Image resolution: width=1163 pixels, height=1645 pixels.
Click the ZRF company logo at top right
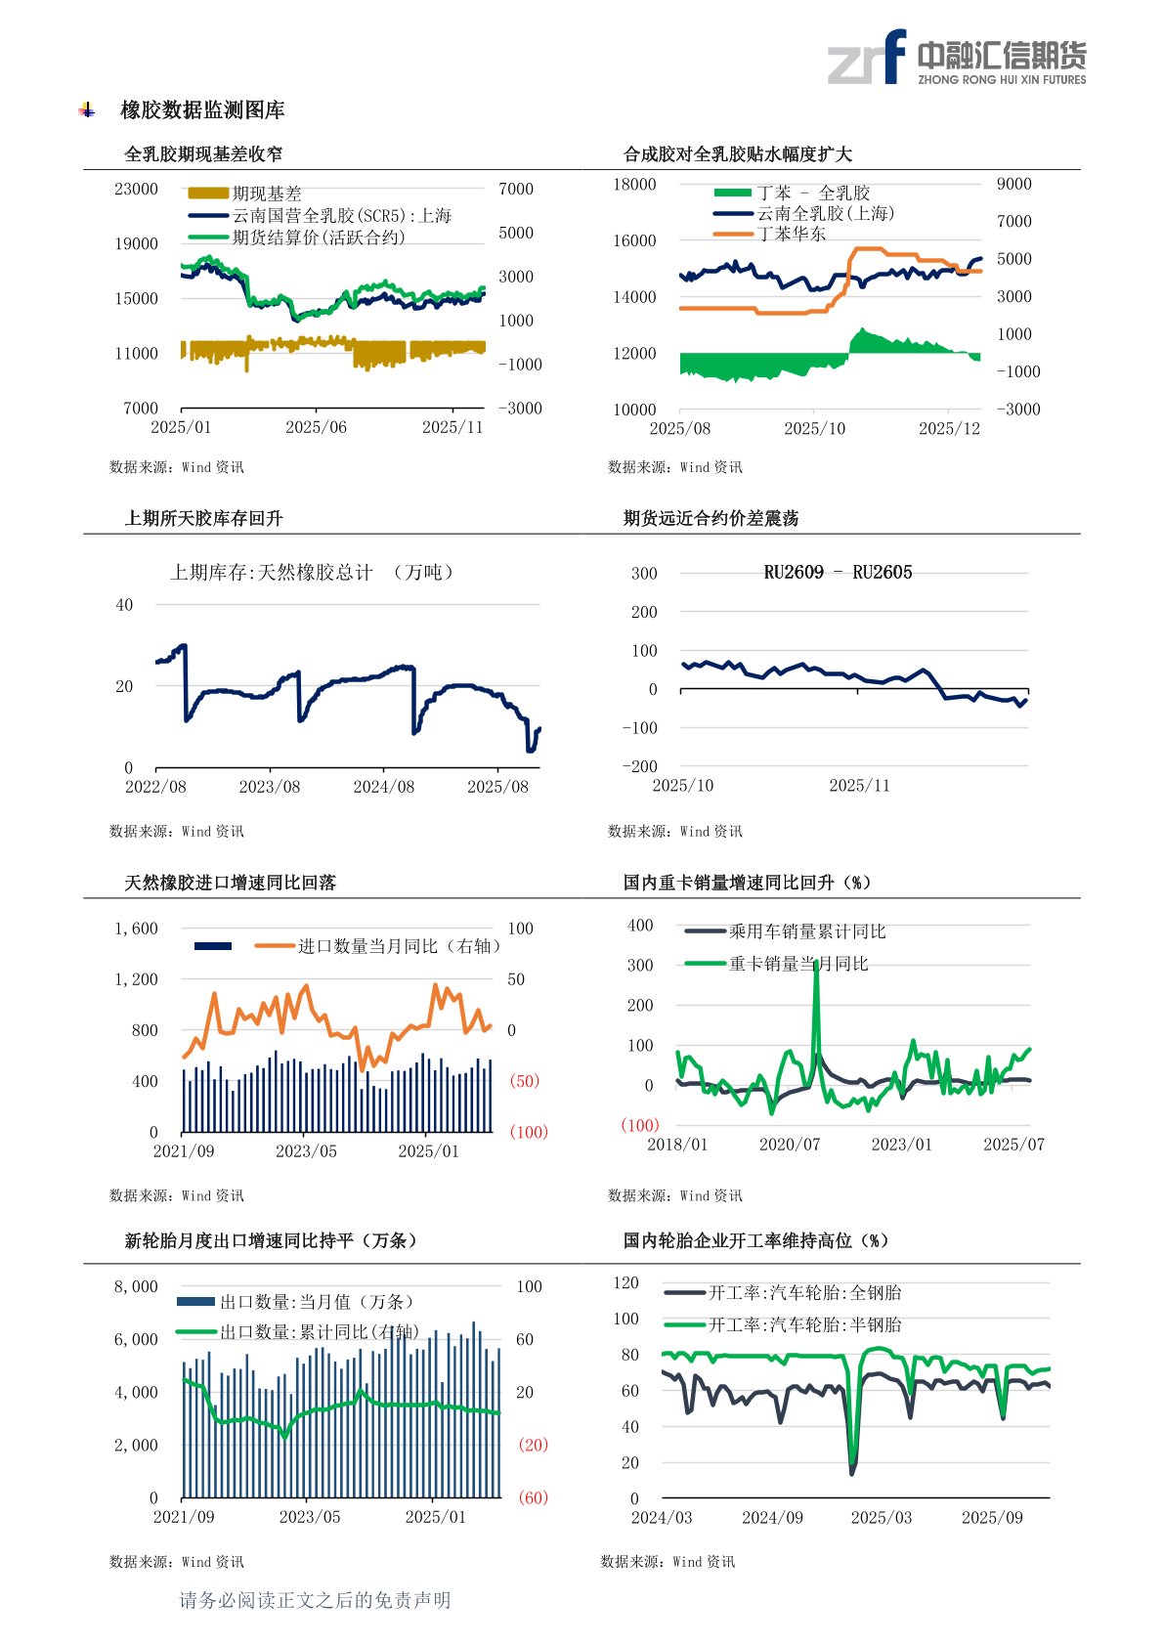(x=956, y=58)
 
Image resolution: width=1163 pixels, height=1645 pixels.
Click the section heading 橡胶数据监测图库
(x=202, y=110)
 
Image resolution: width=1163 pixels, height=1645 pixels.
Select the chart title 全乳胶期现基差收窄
(x=203, y=154)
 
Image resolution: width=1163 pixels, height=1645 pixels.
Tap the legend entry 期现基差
(x=266, y=194)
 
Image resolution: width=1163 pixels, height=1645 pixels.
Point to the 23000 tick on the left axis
(x=136, y=189)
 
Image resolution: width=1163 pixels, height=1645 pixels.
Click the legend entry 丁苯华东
(x=791, y=234)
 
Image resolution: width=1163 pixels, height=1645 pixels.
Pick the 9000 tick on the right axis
(x=1013, y=184)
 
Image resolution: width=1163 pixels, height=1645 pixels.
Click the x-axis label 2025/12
(x=949, y=428)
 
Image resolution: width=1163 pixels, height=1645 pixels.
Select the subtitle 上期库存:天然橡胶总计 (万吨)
(x=313, y=573)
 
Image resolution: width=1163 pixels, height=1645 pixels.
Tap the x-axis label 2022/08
(x=155, y=787)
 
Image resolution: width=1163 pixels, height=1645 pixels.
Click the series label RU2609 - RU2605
(x=838, y=573)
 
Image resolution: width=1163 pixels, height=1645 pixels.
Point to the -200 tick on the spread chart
(x=640, y=766)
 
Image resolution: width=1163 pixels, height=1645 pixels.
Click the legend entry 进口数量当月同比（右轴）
(x=399, y=946)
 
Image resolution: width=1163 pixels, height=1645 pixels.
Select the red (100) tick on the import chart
(x=529, y=1132)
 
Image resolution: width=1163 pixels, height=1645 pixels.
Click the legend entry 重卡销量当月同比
(x=797, y=964)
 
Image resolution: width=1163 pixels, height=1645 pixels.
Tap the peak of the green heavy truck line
(x=816, y=963)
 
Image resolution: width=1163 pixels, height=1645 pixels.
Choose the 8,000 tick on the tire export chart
(x=136, y=1286)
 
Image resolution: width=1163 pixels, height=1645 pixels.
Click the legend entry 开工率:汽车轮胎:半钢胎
(x=804, y=1324)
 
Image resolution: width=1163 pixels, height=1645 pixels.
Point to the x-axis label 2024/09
(x=772, y=1518)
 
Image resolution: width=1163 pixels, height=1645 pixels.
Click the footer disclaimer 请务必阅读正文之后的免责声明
(x=315, y=1600)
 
